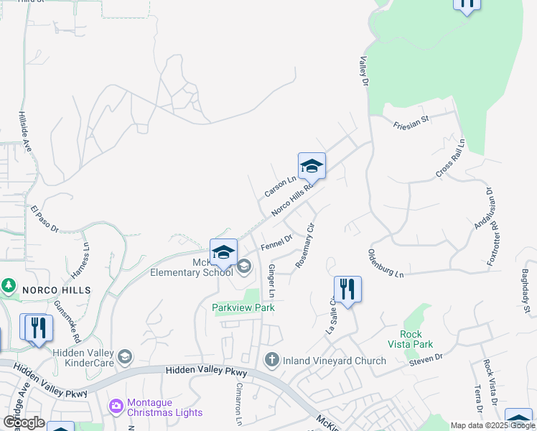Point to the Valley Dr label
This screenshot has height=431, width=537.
[x=364, y=73]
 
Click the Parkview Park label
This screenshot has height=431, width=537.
[x=243, y=307]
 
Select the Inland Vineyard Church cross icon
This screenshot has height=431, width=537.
[x=271, y=359]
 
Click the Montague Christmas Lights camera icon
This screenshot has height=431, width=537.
[x=116, y=407]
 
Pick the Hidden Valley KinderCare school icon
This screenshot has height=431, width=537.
[x=125, y=357]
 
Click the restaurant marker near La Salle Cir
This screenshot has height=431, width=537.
[x=347, y=289]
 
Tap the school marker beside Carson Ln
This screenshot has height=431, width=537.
[x=312, y=166]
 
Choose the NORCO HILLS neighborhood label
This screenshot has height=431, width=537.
[x=56, y=289]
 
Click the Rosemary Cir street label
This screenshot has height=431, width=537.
[x=306, y=246]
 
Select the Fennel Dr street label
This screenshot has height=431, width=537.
[x=276, y=243]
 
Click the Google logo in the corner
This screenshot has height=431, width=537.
[x=24, y=422]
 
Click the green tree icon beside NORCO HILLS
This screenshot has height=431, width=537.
[x=9, y=286]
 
